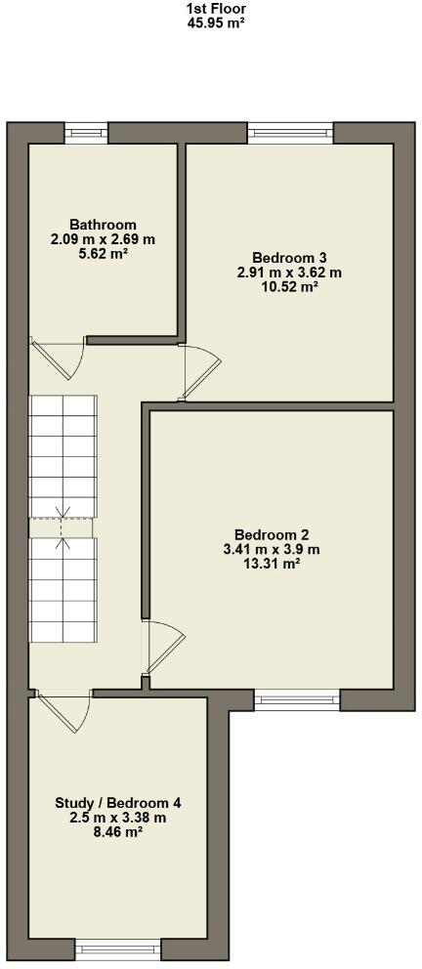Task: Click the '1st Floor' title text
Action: (215, 7)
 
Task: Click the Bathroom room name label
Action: (103, 225)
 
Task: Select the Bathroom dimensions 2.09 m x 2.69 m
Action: (103, 238)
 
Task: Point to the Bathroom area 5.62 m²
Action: (103, 252)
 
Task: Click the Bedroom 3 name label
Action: (289, 259)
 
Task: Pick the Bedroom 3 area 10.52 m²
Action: (289, 286)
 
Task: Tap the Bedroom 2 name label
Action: (272, 534)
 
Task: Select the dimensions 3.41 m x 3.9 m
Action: (272, 548)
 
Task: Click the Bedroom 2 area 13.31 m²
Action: (272, 563)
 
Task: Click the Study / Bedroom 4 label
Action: (118, 804)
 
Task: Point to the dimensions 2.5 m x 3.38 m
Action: (118, 818)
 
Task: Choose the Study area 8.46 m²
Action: (118, 832)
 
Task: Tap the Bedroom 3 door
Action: (192, 372)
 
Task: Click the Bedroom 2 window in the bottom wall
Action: (298, 698)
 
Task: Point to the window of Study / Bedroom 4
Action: (117, 946)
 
